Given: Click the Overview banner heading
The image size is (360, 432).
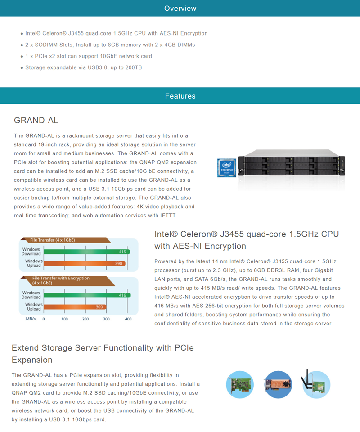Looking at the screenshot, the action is (x=180, y=8).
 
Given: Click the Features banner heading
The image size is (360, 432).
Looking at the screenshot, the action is (x=180, y=96).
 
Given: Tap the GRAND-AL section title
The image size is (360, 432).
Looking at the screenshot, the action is (x=36, y=121).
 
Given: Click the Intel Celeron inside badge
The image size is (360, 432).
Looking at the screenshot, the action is (x=227, y=168).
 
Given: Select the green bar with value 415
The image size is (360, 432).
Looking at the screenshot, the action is (x=87, y=252).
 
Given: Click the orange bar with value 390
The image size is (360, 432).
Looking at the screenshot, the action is (x=85, y=263).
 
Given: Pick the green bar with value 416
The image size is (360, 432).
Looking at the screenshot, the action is (x=87, y=295).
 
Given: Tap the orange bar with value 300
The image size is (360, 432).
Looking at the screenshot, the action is (x=75, y=306).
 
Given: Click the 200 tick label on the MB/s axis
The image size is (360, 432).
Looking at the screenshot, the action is (x=85, y=319).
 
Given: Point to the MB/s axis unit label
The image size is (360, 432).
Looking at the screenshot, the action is (x=31, y=319).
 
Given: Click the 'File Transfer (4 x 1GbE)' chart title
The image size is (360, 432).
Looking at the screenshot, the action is (x=53, y=240).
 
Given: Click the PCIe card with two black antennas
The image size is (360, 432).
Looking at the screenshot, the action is (x=315, y=384).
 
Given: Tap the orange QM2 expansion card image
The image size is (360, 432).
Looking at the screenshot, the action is (x=278, y=384).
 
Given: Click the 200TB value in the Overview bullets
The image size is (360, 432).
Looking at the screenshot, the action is (x=134, y=67).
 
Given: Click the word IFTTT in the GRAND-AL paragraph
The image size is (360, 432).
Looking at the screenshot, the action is (x=168, y=216).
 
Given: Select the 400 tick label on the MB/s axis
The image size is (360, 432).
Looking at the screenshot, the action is (x=128, y=319).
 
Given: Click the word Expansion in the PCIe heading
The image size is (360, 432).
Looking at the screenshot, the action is (x=32, y=360).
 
